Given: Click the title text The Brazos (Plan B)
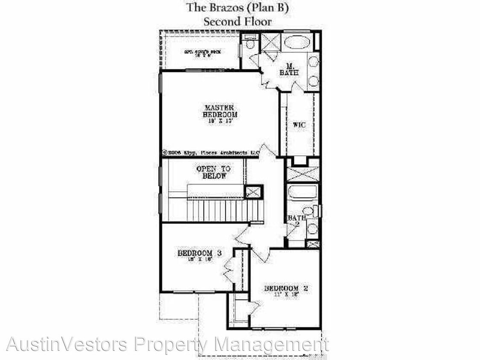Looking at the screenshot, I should click(x=240, y=7).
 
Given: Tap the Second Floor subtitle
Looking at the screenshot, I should click(x=237, y=21).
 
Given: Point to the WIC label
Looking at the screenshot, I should click(x=299, y=125).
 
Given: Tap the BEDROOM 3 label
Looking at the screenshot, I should click(x=199, y=254).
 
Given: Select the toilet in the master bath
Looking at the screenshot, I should click(x=250, y=44).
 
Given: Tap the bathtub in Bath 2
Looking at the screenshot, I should click(x=302, y=192).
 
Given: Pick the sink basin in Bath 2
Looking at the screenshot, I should click(x=312, y=229).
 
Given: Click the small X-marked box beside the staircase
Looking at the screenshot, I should click(x=253, y=192).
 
